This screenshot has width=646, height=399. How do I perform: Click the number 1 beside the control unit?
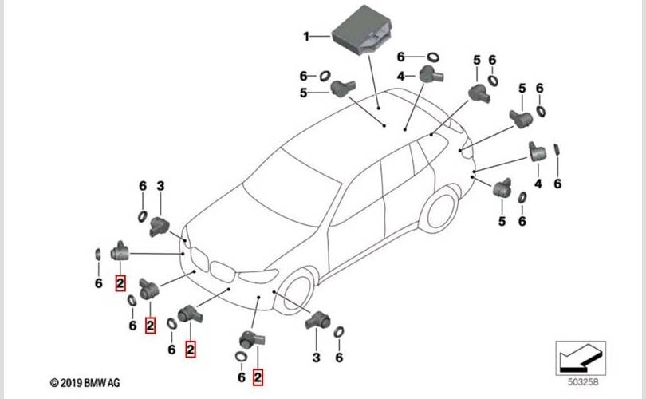coord(305,36)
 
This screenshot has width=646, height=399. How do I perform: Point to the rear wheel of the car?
coord(439,209)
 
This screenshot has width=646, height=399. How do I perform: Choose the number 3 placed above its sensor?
coord(160,186)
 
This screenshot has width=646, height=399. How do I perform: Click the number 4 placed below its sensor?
coord(538,184)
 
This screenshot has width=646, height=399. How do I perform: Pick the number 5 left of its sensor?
coord(303,93)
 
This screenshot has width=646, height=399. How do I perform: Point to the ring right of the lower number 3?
coord(338,332)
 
